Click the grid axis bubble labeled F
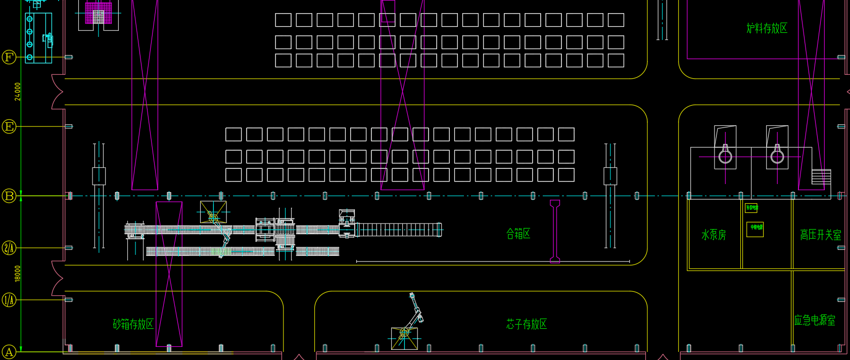pyautogui.click(x=9, y=57)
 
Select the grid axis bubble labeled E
pyautogui.click(x=9, y=126)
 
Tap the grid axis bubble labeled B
pyautogui.click(x=9, y=196)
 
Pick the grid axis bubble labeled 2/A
pyautogui.click(x=9, y=248)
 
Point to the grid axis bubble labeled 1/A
pyautogui.click(x=9, y=300)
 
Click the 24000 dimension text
pyautogui.click(x=18, y=92)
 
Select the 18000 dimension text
pyautogui.click(x=18, y=274)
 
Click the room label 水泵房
pyautogui.click(x=714, y=235)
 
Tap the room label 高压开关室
pyautogui.click(x=820, y=235)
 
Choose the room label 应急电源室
pyautogui.click(x=814, y=320)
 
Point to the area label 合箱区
pyautogui.click(x=518, y=234)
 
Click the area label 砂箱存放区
pyautogui.click(x=133, y=324)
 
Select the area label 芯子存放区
pyautogui.click(x=527, y=324)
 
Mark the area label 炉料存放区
pyautogui.click(x=767, y=28)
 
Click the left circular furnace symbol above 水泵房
pyautogui.click(x=725, y=156)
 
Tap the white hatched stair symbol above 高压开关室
pyautogui.click(x=821, y=176)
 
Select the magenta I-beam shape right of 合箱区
pyautogui.click(x=555, y=231)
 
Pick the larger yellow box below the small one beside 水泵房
pyautogui.click(x=755, y=229)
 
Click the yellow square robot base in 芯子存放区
pyautogui.click(x=404, y=338)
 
